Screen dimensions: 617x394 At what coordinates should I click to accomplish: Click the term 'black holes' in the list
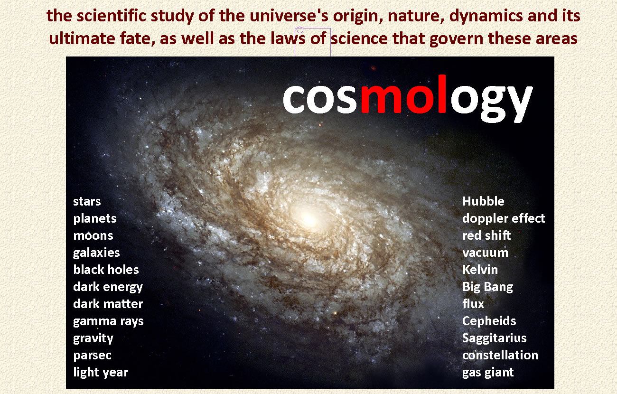106,270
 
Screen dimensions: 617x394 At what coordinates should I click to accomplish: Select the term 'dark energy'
108,287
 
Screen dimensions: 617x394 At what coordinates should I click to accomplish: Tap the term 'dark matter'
108,304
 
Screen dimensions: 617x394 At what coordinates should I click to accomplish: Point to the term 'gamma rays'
108,321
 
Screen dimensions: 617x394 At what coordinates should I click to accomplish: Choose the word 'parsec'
92,356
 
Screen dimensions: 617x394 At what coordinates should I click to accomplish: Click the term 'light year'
101,373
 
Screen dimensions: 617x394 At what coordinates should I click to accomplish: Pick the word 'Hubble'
483,201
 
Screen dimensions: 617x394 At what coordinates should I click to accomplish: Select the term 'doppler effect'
504,218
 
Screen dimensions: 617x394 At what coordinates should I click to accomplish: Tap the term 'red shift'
486,235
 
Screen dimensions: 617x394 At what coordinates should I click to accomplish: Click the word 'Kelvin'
480,270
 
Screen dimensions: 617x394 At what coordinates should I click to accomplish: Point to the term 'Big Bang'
487,287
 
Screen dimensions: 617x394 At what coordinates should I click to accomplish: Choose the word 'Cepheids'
489,321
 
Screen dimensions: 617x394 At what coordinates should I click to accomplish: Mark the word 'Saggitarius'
494,338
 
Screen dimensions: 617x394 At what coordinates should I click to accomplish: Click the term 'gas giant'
488,373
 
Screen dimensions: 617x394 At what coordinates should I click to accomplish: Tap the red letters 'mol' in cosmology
403,94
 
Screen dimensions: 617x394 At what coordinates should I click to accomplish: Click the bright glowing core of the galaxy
308,218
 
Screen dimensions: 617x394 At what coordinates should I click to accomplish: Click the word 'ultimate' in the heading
82,38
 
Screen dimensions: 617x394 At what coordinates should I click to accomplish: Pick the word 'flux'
473,304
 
